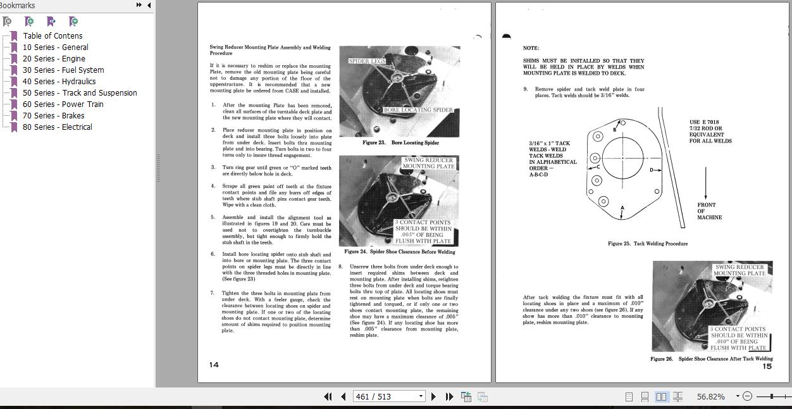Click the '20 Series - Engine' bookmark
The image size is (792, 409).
[54, 59]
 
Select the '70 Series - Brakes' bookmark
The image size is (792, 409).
[53, 116]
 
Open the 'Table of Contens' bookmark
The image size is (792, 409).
[53, 36]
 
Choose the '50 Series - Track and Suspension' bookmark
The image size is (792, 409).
[79, 93]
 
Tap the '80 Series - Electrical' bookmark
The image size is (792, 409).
[57, 127]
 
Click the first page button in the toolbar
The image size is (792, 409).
[328, 396]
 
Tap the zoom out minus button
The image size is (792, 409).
[747, 396]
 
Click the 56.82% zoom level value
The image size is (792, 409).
[710, 396]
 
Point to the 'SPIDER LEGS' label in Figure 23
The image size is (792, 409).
[367, 61]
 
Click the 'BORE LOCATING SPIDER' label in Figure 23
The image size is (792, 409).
[418, 110]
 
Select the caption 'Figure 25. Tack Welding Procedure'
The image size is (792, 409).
[647, 244]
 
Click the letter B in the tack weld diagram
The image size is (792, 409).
[614, 129]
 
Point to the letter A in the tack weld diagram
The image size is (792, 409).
[622, 208]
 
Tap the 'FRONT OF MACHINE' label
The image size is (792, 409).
[708, 211]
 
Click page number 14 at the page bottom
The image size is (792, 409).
[214, 365]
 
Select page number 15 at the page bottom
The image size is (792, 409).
[767, 366]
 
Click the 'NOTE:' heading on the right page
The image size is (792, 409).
[531, 48]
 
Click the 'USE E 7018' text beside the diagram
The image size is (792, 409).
[703, 122]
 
